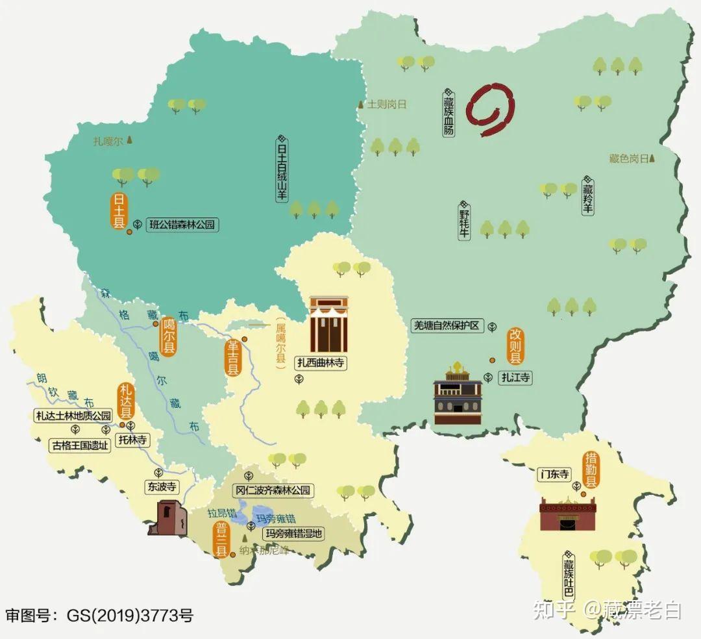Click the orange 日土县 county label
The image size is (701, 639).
(x=119, y=210)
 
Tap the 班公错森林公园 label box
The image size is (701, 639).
(x=181, y=225)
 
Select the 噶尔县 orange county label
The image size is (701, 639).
(x=169, y=336)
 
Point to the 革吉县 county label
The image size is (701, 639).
(x=232, y=358)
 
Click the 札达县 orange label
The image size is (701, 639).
(x=125, y=401)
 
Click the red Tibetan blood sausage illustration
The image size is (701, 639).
(x=491, y=109)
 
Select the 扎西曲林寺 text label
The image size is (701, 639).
(x=321, y=363)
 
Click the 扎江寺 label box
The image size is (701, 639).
(x=515, y=377)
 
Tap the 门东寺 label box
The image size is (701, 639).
(x=554, y=475)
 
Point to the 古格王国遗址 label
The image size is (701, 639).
(x=80, y=445)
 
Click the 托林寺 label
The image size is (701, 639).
(x=132, y=440)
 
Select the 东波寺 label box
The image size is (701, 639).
(x=162, y=486)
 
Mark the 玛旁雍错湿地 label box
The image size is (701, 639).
(x=293, y=534)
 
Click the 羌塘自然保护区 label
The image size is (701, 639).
(x=447, y=326)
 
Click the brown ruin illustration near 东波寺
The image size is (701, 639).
(x=168, y=518)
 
